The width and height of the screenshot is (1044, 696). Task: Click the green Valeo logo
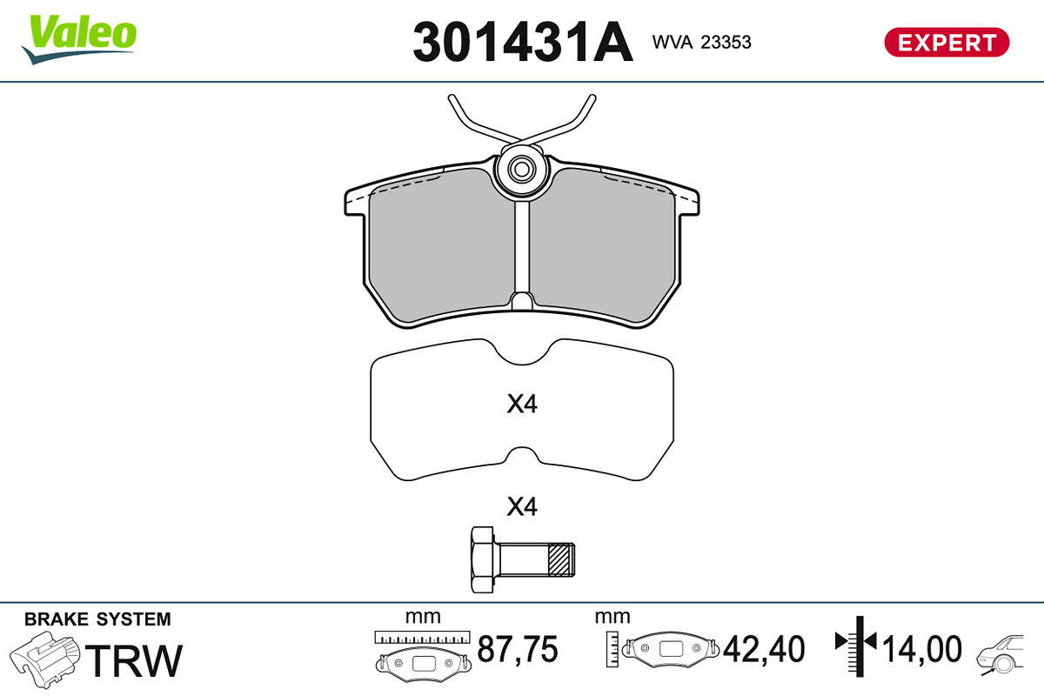(79, 38)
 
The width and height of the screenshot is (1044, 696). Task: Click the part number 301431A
(523, 42)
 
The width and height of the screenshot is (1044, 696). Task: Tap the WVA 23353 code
(701, 42)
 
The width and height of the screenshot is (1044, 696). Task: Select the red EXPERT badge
(947, 43)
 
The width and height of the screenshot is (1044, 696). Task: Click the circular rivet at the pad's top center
(521, 170)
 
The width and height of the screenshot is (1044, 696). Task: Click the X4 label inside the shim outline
(522, 405)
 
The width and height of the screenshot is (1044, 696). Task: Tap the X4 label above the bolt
(522, 506)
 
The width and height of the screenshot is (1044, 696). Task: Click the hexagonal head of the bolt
(482, 559)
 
